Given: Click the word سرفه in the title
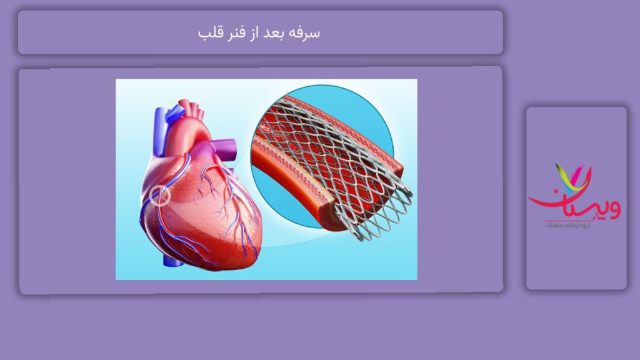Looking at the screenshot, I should [x=304, y=32].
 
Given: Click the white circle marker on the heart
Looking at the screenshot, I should [x=161, y=196].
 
